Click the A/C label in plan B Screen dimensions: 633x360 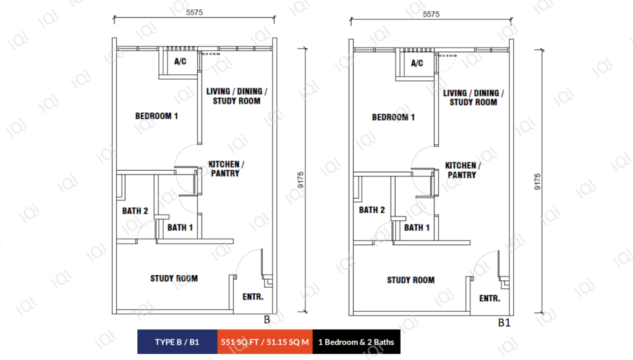click(x=180, y=61)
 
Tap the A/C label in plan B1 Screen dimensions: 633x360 click(x=417, y=63)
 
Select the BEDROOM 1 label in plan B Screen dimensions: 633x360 click(x=156, y=116)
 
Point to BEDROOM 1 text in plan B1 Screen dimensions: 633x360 click(x=393, y=117)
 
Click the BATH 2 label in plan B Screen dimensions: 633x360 click(x=135, y=211)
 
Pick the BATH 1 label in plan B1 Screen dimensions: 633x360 click(x=417, y=228)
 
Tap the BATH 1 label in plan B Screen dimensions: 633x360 click(x=180, y=228)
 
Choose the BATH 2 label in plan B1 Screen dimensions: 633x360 click(x=372, y=210)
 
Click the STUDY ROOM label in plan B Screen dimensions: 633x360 click(x=174, y=278)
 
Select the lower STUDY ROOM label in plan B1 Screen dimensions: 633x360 click(x=411, y=280)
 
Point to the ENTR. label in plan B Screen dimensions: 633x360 click(x=253, y=297)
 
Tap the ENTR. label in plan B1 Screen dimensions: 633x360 click(x=490, y=299)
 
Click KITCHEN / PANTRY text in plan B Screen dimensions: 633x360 click(x=226, y=169)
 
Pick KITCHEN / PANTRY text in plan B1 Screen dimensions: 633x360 click(x=463, y=170)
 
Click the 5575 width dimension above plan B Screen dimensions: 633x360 click(x=194, y=12)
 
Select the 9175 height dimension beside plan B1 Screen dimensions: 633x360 click(x=537, y=182)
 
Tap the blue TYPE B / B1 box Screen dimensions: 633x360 click(x=177, y=342)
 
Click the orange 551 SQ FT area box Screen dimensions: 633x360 click(x=265, y=342)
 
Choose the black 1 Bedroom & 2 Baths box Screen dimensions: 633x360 click(x=357, y=342)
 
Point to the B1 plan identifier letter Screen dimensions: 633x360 click(x=504, y=323)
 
